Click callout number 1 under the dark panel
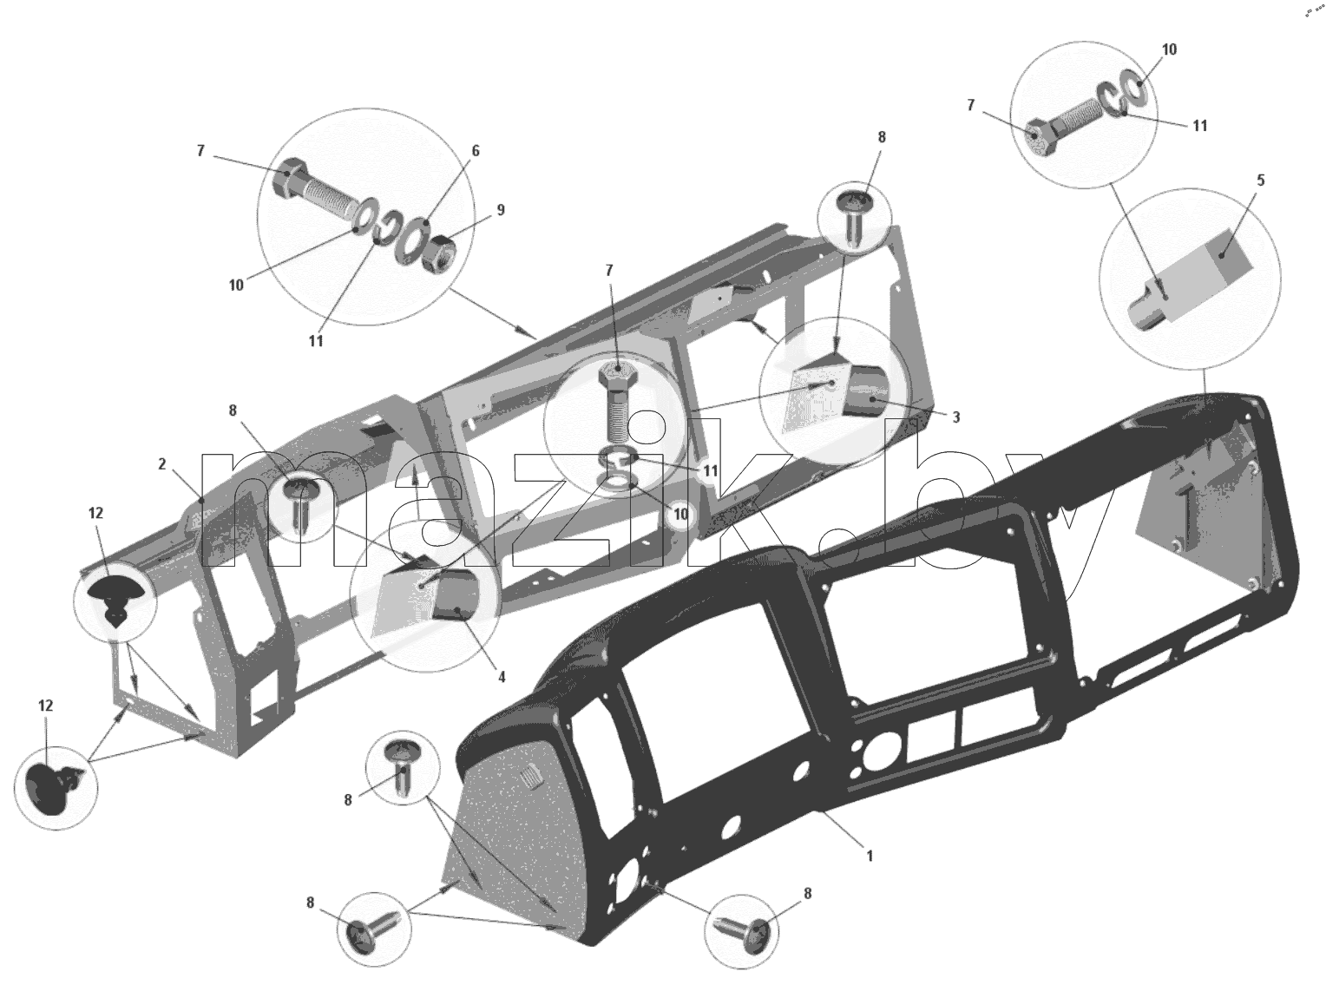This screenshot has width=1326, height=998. [870, 856]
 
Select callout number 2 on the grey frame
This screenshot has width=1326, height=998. [162, 464]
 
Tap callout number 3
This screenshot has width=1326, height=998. [955, 417]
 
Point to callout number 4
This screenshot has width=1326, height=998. [502, 677]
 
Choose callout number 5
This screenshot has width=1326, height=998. [1260, 181]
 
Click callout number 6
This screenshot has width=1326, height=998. [476, 151]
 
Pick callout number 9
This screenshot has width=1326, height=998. [500, 210]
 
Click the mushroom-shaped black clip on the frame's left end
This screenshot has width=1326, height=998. [115, 598]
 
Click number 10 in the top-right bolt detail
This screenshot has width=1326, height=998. [1169, 49]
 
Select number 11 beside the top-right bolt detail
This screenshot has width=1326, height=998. [1200, 126]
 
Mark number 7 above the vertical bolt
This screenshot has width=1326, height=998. [609, 272]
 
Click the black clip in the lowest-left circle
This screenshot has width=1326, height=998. [50, 789]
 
